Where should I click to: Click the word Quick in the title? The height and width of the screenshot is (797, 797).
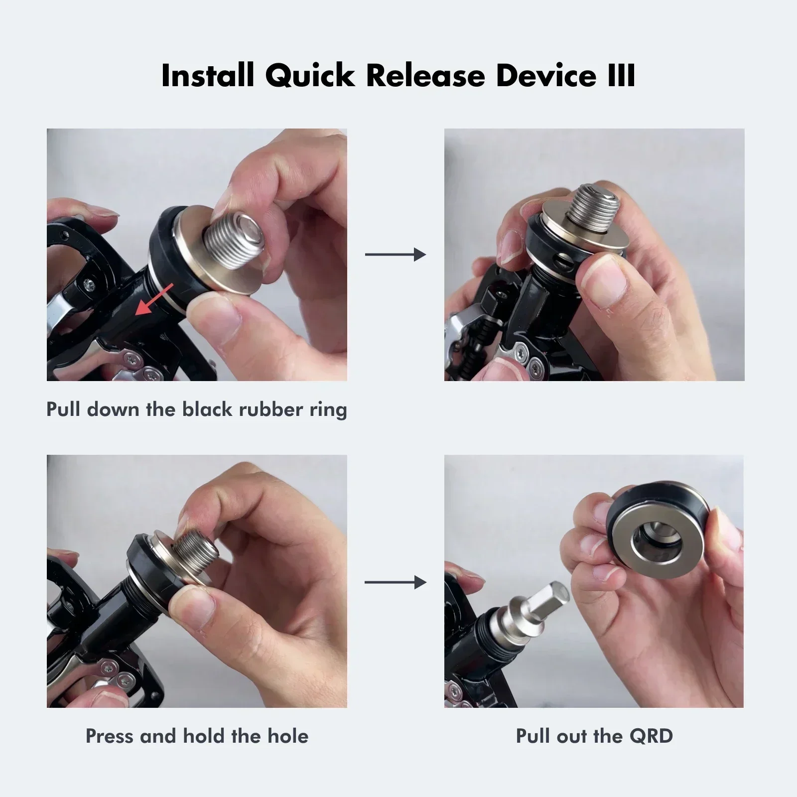(x=310, y=76)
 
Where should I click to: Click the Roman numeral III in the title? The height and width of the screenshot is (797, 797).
(x=621, y=76)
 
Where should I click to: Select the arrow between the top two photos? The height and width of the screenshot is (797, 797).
(x=396, y=255)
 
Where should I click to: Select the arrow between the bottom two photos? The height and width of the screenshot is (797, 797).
(x=396, y=582)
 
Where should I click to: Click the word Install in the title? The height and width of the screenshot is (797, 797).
(x=208, y=76)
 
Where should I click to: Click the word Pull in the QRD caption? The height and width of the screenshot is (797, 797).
(x=532, y=736)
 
